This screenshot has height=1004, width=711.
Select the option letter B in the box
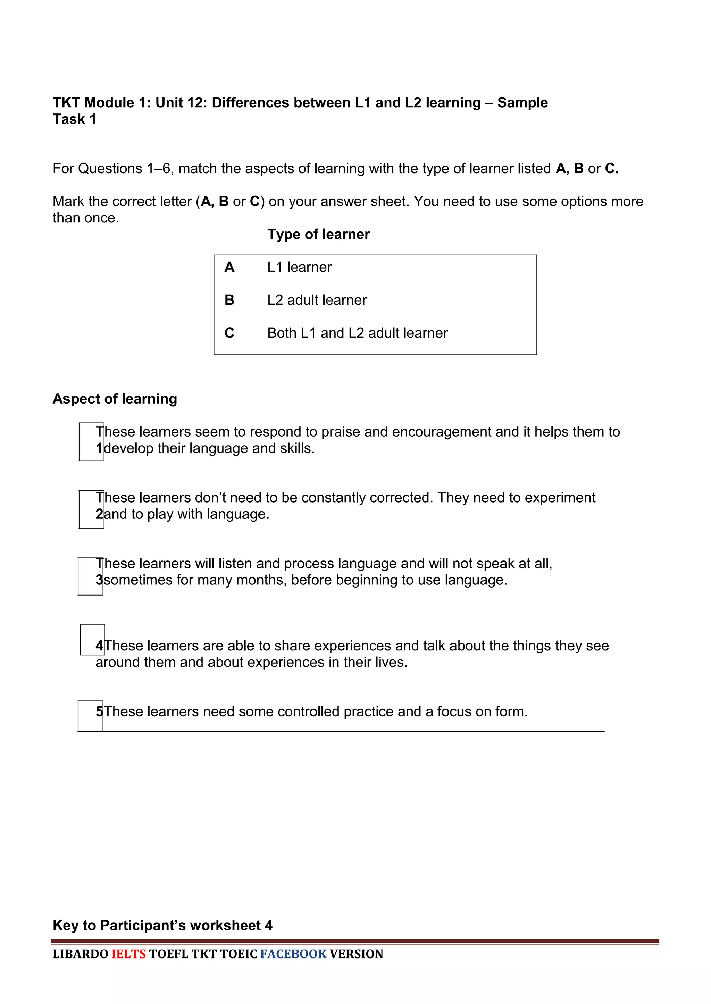pyautogui.click(x=229, y=300)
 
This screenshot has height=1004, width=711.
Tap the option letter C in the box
pyautogui.click(x=229, y=333)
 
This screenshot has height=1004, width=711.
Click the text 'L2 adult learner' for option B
pyautogui.click(x=317, y=300)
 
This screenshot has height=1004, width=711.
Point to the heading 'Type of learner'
pyautogui.click(x=318, y=234)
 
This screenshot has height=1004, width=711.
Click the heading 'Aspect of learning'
pyautogui.click(x=115, y=399)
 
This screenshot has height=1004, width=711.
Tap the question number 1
pyautogui.click(x=99, y=449)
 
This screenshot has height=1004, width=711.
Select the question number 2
pyautogui.click(x=99, y=514)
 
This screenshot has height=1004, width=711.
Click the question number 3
pyautogui.click(x=99, y=580)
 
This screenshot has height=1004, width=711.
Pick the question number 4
pyautogui.click(x=99, y=646)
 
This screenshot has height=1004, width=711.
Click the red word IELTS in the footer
pyautogui.click(x=129, y=954)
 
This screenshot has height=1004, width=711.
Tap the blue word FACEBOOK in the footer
pyautogui.click(x=293, y=954)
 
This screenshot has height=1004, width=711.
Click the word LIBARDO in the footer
pyautogui.click(x=81, y=954)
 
